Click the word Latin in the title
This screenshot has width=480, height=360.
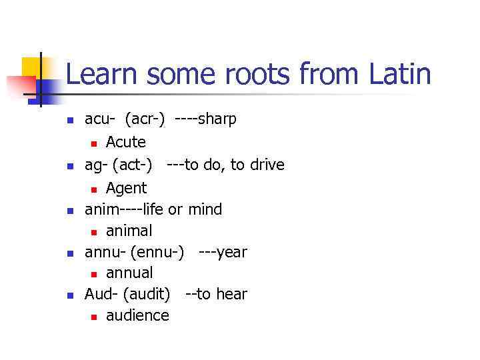(x=399, y=74)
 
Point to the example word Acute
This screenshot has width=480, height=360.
(x=126, y=142)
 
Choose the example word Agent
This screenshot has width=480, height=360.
(x=126, y=189)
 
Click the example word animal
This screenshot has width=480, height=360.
(x=129, y=231)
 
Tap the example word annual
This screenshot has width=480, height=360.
(x=129, y=273)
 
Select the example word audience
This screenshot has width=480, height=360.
(x=137, y=315)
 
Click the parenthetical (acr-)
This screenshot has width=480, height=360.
(x=145, y=119)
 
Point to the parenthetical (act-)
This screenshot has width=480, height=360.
(x=137, y=165)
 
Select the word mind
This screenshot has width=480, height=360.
(x=205, y=209)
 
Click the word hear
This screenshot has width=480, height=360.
(x=231, y=294)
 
